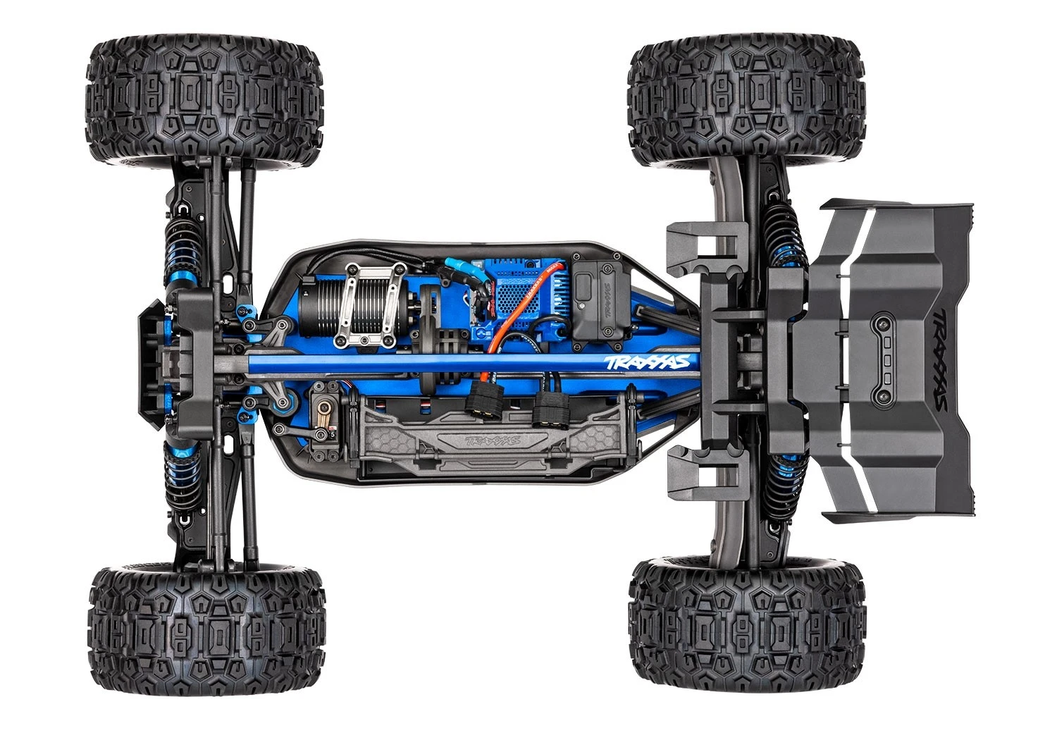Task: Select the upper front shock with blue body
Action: click(x=178, y=250)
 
